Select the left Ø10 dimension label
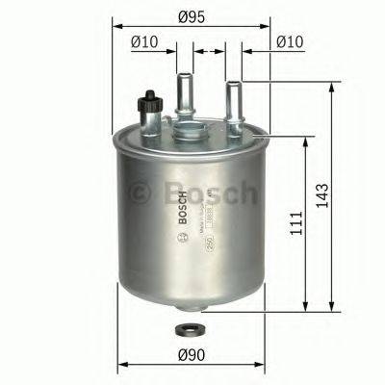click(x=142, y=41)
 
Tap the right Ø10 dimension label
click(x=289, y=41)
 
